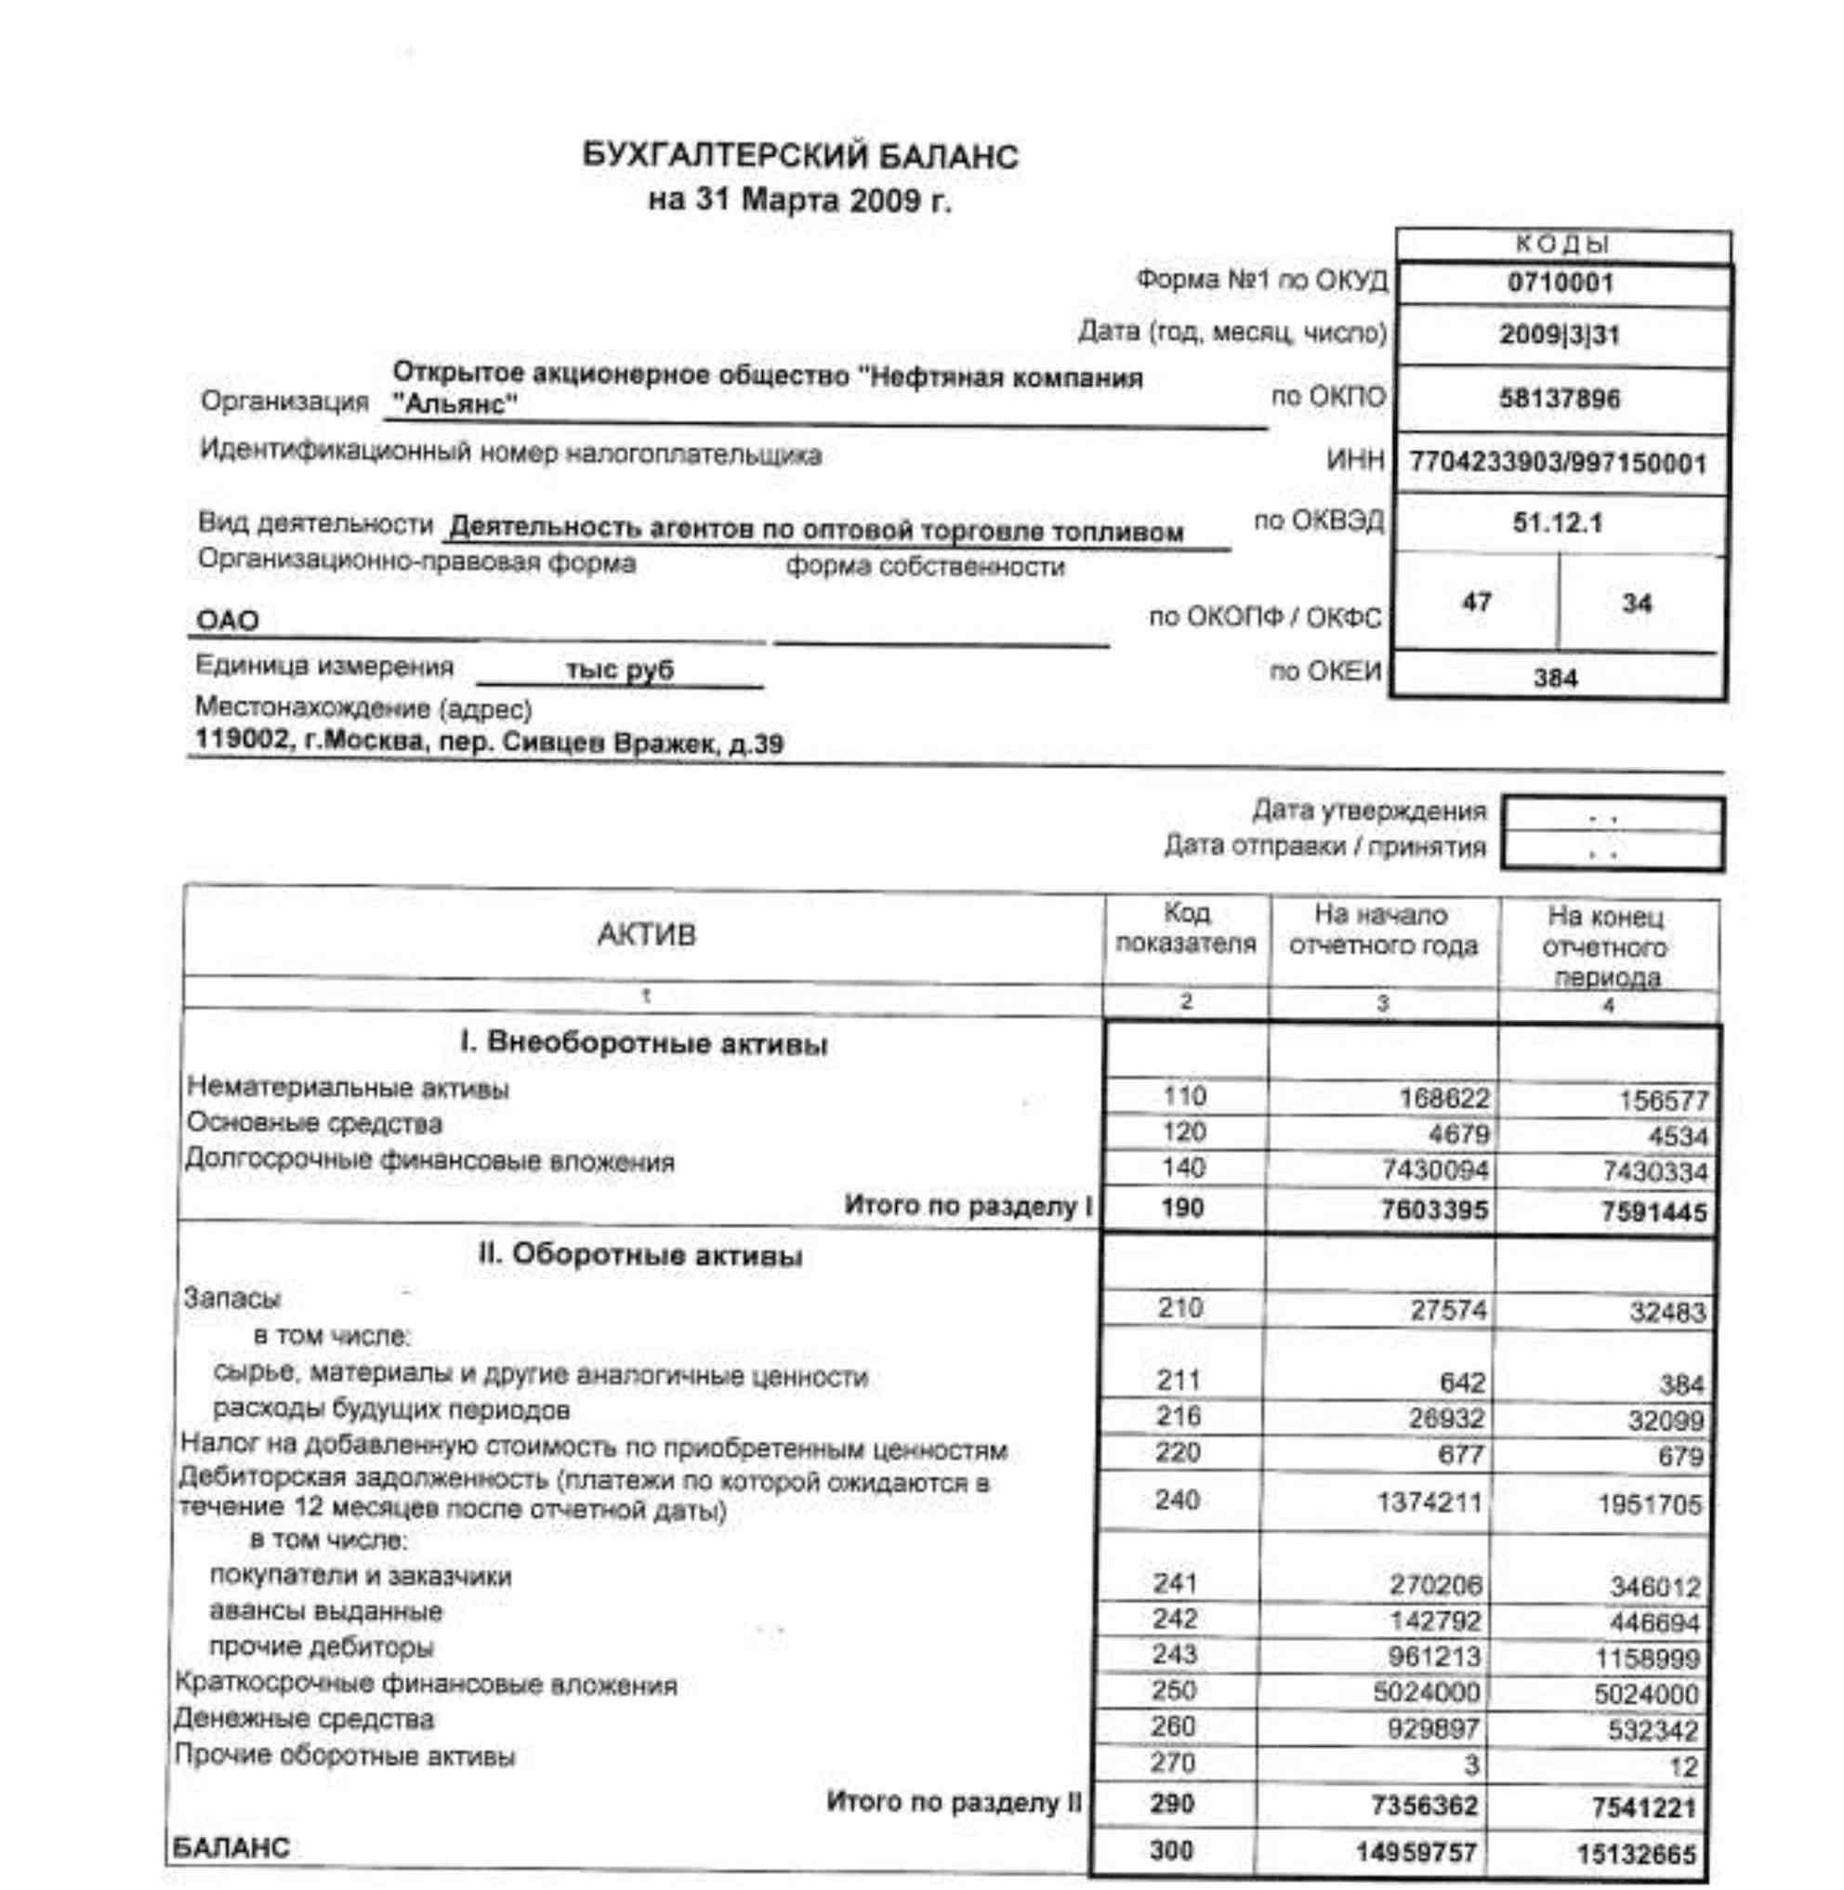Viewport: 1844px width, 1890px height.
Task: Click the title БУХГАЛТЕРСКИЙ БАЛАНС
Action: (800, 157)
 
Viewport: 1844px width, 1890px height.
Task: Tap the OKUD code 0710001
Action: (1560, 284)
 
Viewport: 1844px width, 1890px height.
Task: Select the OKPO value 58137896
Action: (1560, 398)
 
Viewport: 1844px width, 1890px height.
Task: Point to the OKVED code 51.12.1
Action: (1558, 523)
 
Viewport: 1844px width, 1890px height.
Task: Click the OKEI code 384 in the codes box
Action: (1555, 678)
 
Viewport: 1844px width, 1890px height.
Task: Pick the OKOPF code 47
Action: (1476, 602)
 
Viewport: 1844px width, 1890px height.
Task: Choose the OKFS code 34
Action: (1637, 603)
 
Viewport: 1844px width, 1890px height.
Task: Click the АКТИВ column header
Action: (646, 935)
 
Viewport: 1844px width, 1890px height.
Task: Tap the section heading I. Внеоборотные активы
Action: (644, 1044)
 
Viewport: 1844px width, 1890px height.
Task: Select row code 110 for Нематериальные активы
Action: (1183, 1097)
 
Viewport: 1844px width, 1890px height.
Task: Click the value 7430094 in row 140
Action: (1434, 1171)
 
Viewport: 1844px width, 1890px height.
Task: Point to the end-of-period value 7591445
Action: (1653, 1212)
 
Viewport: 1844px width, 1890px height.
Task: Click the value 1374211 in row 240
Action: (1429, 1502)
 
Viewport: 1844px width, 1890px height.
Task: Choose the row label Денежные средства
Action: (304, 1720)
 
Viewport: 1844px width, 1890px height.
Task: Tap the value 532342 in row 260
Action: (1653, 1730)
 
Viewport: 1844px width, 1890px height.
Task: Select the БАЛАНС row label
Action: (230, 1847)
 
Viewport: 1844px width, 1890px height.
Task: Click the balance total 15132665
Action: (1637, 1854)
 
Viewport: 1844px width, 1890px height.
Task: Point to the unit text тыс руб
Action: (619, 670)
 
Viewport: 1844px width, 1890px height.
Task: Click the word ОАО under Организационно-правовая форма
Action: (228, 620)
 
